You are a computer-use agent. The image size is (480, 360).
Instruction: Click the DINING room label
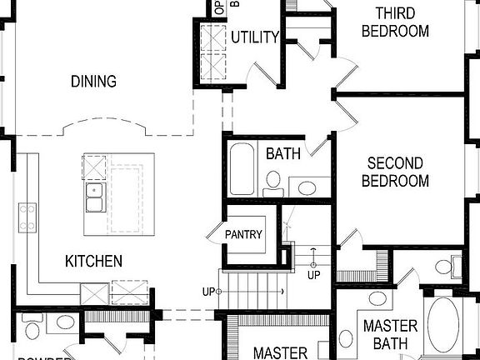[93, 82]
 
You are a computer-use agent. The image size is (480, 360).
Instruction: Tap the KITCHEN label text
[93, 261]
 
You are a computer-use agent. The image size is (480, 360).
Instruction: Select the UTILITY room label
[254, 37]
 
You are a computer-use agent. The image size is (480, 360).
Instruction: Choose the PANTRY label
[244, 235]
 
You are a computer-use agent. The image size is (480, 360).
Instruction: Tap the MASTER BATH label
[389, 334]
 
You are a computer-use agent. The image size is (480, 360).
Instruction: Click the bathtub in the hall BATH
[243, 170]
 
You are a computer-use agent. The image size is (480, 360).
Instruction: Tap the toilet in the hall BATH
[273, 184]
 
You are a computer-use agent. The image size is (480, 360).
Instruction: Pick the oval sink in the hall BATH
[307, 187]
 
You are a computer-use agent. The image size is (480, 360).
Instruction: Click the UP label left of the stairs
[208, 291]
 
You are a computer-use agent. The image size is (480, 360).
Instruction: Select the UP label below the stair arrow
[313, 275]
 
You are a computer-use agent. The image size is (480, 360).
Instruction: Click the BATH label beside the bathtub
[283, 154]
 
